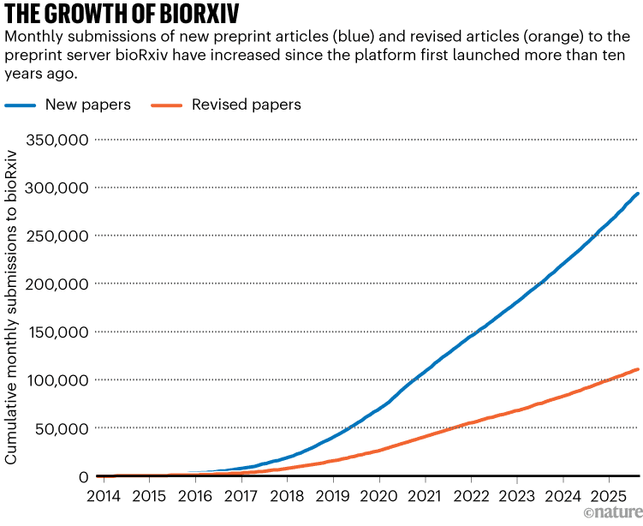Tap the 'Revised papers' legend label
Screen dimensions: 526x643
coord(246,105)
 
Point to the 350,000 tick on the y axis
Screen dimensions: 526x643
coord(57,139)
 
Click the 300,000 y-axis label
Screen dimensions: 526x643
coord(57,187)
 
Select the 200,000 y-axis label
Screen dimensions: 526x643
coord(57,284)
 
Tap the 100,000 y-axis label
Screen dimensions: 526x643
coord(57,380)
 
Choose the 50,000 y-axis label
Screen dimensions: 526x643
coord(62,427)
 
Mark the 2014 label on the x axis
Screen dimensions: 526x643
coord(103,496)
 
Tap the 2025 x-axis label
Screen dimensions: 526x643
coord(609,496)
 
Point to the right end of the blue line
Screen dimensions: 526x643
coord(637,194)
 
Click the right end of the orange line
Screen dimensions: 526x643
coord(637,369)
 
